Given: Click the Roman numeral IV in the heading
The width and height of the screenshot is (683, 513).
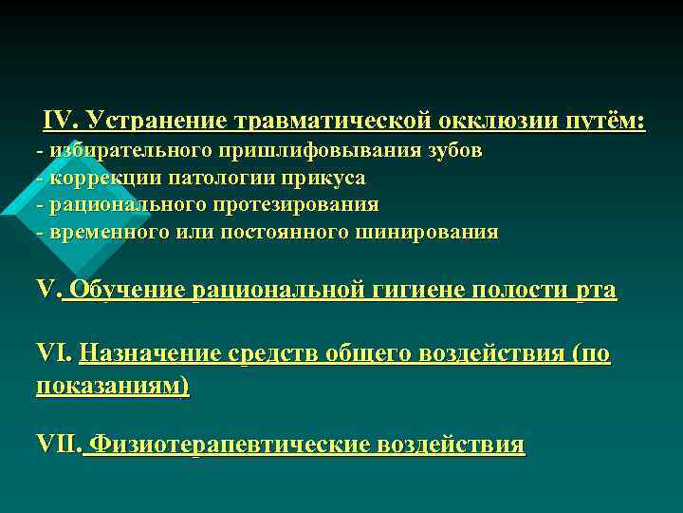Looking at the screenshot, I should (60, 122).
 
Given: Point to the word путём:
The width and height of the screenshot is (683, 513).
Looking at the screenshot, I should (606, 122).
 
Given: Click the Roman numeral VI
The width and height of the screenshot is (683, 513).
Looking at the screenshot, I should (53, 354).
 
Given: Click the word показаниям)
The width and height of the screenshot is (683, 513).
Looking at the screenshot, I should (112, 385).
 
